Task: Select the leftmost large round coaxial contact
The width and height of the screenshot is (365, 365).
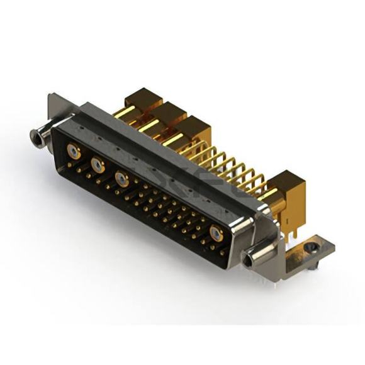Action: [x=74, y=152]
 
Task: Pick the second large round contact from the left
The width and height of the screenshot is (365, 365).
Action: [x=98, y=166]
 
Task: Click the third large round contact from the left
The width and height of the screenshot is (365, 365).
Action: [x=121, y=179]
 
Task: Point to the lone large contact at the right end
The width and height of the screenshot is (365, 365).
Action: [x=216, y=234]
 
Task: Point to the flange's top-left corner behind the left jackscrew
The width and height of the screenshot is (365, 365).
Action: [x=53, y=99]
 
